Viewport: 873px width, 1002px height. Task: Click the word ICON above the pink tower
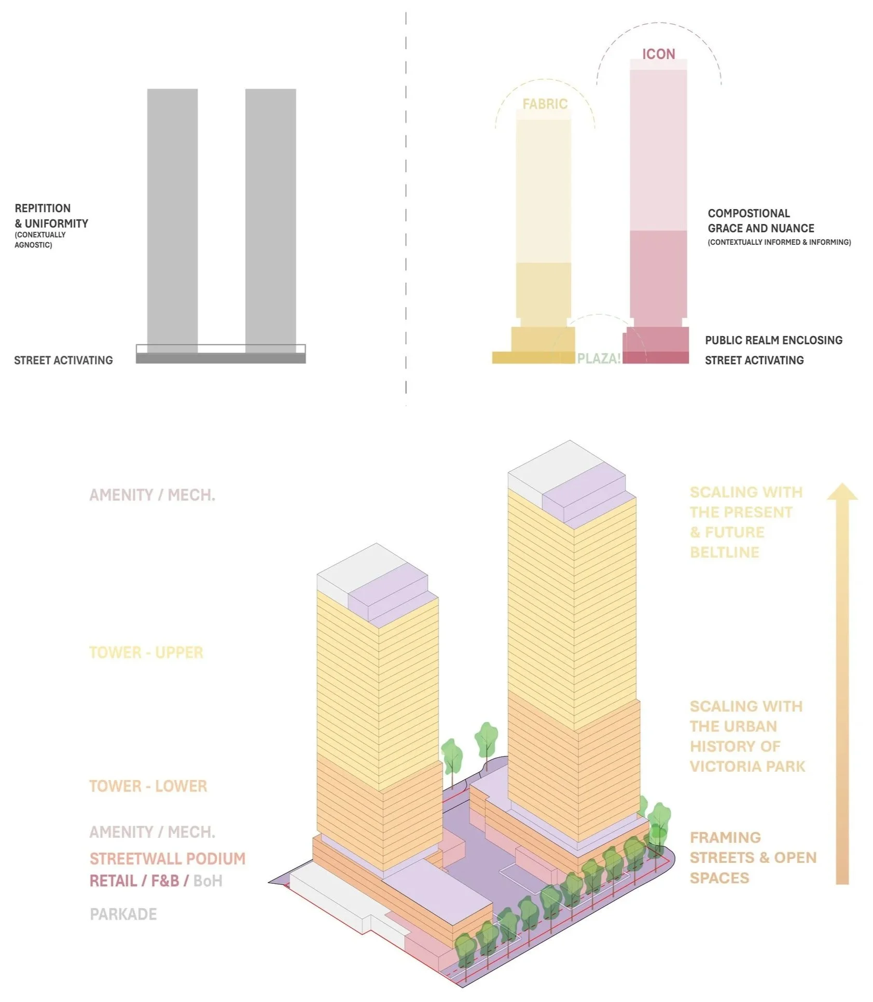tap(658, 54)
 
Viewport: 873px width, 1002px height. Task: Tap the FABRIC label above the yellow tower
tap(545, 104)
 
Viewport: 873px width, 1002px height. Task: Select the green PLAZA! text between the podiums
tap(599, 358)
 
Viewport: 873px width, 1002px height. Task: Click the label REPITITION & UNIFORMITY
tap(51, 216)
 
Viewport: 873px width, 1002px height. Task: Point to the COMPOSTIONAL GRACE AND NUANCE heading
tap(760, 221)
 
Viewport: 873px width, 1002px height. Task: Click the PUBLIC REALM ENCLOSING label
tap(773, 340)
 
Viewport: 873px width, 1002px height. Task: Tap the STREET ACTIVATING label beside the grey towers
tap(63, 360)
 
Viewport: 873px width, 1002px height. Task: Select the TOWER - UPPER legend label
tap(146, 652)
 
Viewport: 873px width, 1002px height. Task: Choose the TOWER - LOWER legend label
tap(148, 786)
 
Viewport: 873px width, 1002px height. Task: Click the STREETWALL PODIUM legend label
tap(167, 859)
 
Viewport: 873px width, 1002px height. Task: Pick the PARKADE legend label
tap(123, 914)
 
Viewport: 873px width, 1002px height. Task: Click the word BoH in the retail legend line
tap(207, 881)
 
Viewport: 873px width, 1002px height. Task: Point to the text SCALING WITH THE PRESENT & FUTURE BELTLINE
tap(745, 522)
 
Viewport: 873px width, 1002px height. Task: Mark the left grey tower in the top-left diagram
tap(172, 218)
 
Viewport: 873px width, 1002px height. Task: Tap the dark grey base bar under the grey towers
tap(220, 358)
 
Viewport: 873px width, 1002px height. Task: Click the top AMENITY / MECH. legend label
tap(152, 495)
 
